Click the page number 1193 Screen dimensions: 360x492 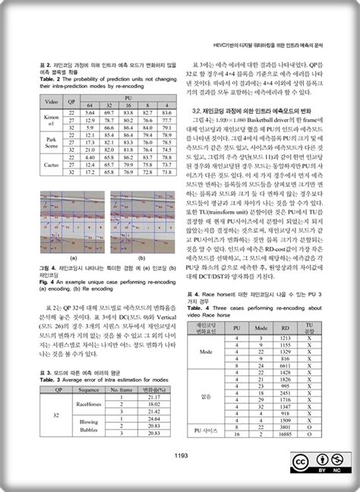[180, 456]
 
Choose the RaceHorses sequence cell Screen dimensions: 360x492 [89, 405]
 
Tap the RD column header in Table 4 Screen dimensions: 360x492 [285, 326]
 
